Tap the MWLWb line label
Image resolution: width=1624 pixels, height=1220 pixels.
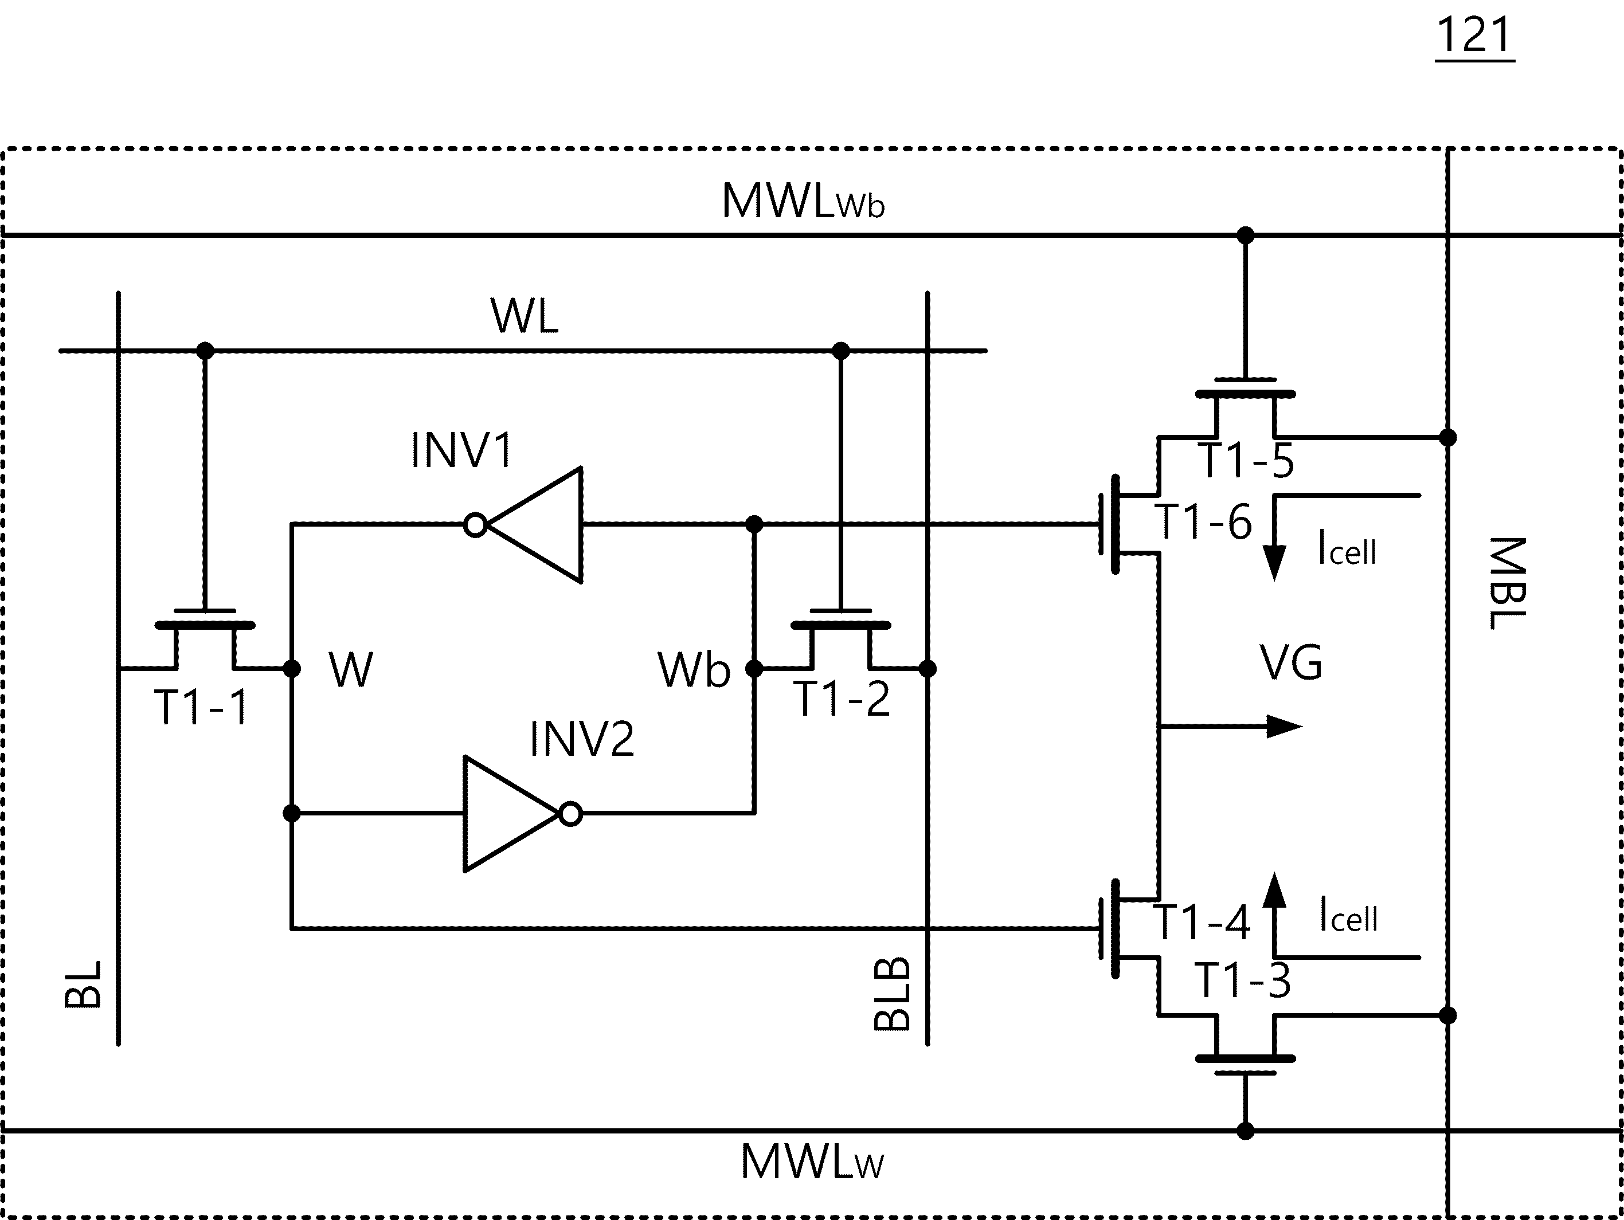click(x=803, y=201)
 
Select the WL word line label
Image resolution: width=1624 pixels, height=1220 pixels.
click(x=524, y=316)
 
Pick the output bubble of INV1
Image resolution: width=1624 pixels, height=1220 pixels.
click(x=476, y=525)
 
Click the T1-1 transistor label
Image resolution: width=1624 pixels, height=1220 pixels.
click(x=201, y=708)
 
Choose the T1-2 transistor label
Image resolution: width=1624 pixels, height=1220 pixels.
click(x=842, y=699)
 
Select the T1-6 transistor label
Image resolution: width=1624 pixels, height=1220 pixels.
click(x=1203, y=522)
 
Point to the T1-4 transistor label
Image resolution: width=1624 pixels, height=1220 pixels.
click(x=1201, y=922)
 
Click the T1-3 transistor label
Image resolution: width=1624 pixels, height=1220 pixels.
click(x=1242, y=980)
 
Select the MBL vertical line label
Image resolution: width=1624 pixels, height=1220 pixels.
click(x=1506, y=583)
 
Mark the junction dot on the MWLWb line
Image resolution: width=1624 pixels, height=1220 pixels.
click(x=1246, y=236)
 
